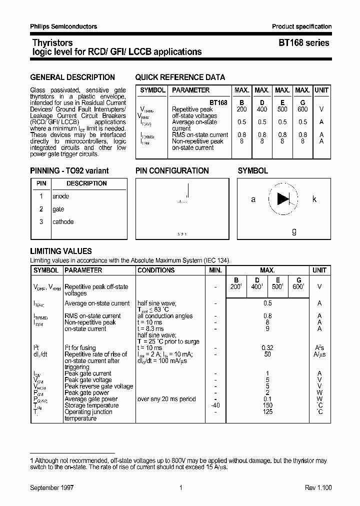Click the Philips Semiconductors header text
(63, 26)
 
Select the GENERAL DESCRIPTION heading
(72, 77)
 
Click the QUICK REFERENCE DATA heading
(180, 77)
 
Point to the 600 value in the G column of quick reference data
(302, 109)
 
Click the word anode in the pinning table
(61, 196)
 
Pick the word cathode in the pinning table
(63, 222)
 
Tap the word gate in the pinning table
(58, 209)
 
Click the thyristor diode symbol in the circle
(283, 199)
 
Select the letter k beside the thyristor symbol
(314, 199)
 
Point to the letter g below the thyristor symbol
(294, 231)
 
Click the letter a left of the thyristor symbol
(253, 199)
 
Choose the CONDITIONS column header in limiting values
(155, 270)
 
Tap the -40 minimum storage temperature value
(214, 405)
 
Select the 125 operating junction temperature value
(267, 412)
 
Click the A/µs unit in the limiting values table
(319, 354)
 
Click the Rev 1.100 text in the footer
(318, 488)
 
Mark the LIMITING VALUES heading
(61, 251)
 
